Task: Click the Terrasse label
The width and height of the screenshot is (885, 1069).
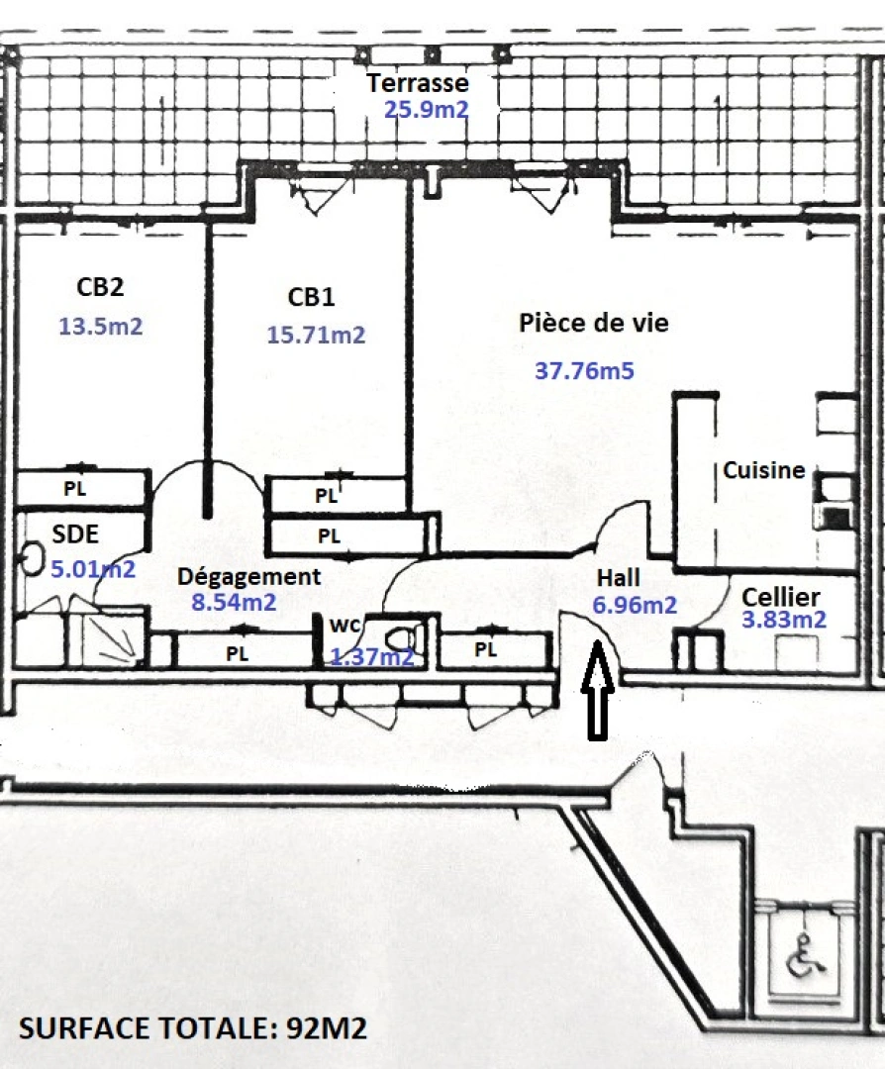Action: point(417,83)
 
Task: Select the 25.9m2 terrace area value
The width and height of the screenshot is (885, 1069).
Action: point(426,109)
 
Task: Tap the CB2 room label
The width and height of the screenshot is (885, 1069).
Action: point(100,287)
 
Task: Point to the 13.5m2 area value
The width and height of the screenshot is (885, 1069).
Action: point(101,326)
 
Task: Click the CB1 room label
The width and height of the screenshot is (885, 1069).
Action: point(311,296)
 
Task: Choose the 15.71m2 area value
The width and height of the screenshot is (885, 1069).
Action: point(316,335)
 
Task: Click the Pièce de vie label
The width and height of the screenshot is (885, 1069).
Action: point(594,323)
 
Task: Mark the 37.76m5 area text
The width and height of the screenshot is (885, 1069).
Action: point(584,370)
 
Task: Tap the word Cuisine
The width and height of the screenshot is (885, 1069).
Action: point(763,470)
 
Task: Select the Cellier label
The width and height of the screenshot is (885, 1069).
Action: point(781,597)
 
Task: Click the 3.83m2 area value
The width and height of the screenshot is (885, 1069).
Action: point(783,620)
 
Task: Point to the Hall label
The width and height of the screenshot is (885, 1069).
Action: point(618,578)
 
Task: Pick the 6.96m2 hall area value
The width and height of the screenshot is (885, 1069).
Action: point(635,604)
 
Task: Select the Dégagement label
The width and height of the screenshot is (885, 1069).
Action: point(248,576)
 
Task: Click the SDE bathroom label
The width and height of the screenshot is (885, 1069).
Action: point(75,534)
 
